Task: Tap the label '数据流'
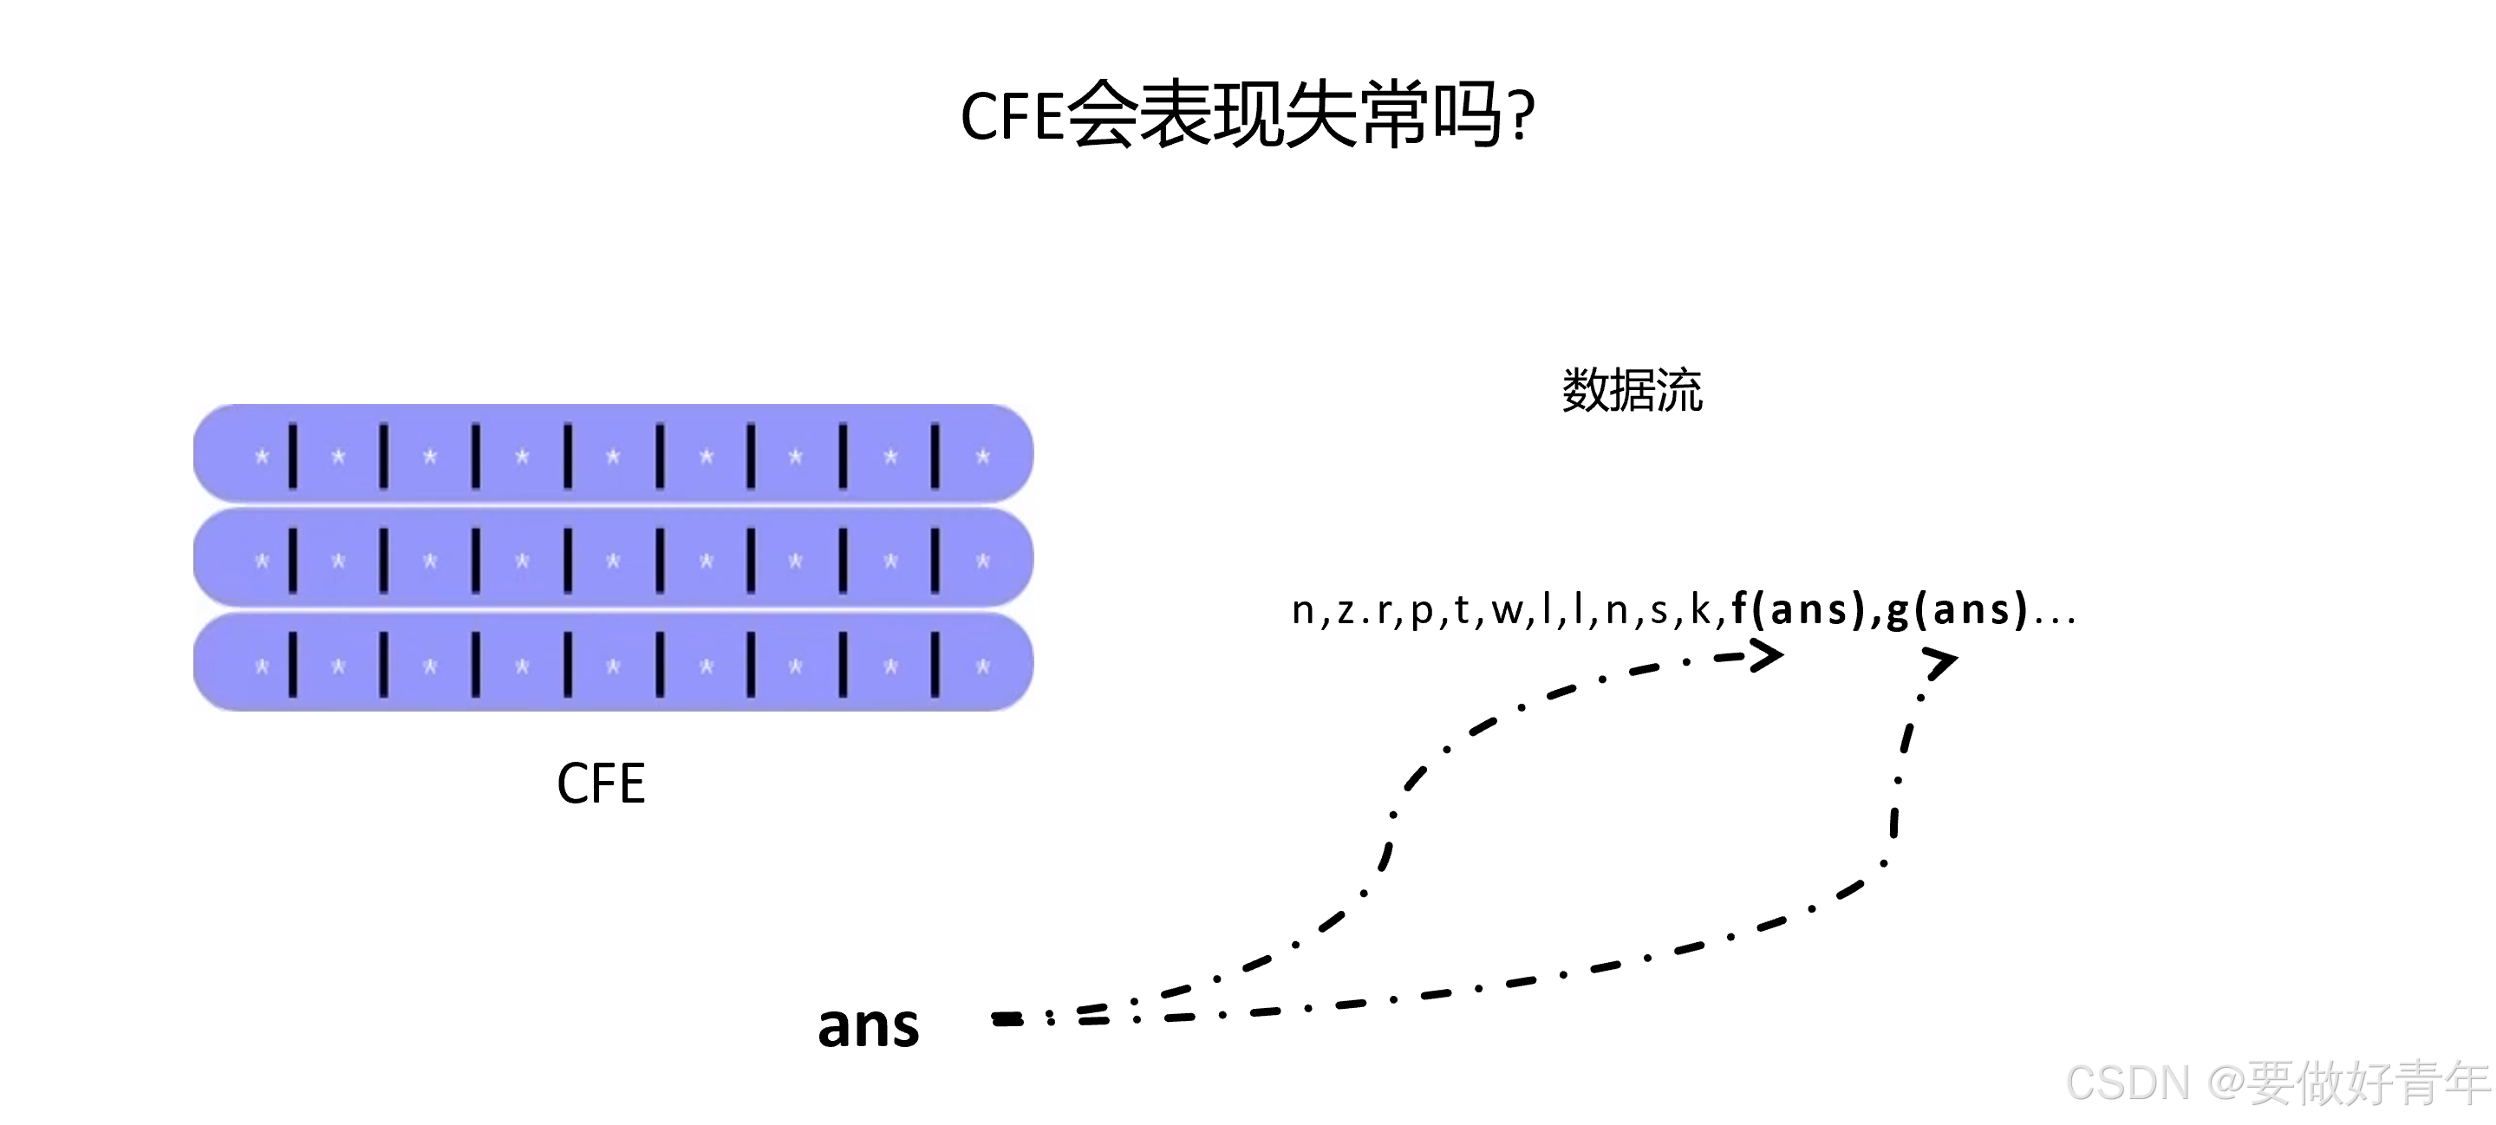point(1632,391)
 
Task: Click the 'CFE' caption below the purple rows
point(601,784)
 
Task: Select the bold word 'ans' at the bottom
point(868,1025)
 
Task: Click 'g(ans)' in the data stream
point(1958,609)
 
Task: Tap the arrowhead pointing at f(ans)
point(1766,656)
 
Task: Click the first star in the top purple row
point(262,457)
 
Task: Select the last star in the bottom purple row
point(982,666)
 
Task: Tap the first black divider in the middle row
point(293,560)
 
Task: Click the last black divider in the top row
point(935,455)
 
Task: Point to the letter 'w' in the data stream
point(1507,611)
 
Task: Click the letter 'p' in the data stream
point(1422,613)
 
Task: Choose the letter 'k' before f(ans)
point(1700,609)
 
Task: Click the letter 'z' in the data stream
point(1346,611)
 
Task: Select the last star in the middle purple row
point(982,561)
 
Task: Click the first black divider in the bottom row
point(293,665)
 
